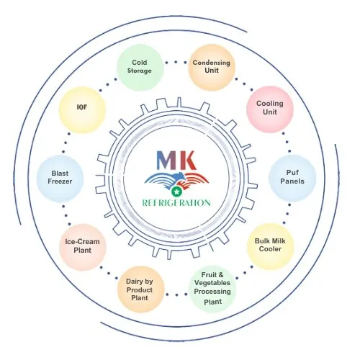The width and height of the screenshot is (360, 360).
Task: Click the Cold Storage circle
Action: point(140,68)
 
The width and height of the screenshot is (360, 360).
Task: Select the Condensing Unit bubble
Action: point(212,68)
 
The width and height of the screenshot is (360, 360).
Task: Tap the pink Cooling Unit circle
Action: point(270,109)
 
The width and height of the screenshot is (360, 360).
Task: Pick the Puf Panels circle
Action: point(292,178)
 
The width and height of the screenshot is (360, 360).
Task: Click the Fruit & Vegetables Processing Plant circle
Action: point(212,289)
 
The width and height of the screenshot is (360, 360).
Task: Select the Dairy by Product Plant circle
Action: point(140,289)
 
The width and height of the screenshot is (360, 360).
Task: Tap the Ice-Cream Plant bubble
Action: point(83,247)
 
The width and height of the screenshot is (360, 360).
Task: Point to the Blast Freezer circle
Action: point(60,179)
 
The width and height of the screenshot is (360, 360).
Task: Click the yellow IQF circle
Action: point(82,109)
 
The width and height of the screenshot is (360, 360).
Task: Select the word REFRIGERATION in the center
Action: point(176,203)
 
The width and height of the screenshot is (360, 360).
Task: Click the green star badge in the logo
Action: point(176,192)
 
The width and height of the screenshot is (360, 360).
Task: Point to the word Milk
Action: point(278,240)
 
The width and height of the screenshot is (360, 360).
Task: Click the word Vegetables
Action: point(212,283)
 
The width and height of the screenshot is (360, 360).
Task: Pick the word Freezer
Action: point(60,181)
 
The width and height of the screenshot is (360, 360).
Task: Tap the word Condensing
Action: point(212,63)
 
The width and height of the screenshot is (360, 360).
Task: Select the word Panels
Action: point(292,181)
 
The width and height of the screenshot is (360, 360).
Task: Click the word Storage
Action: point(140,71)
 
